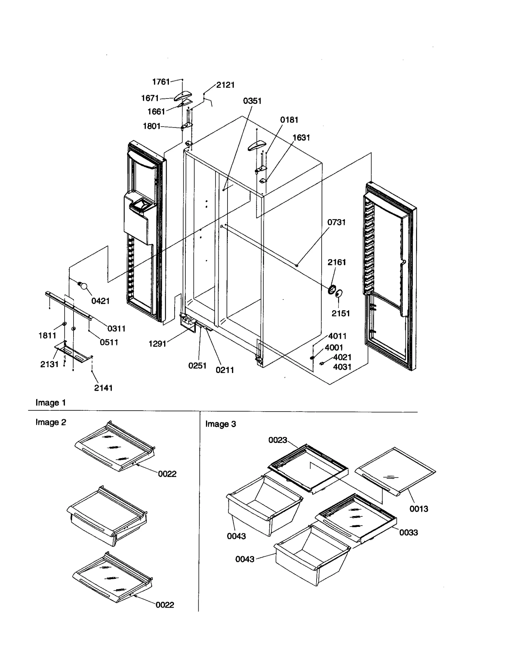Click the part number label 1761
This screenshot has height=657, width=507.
(161, 82)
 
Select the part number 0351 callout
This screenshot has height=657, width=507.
(252, 101)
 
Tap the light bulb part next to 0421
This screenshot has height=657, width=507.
(83, 286)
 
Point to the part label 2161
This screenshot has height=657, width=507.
(337, 262)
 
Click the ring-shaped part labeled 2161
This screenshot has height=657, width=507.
(332, 289)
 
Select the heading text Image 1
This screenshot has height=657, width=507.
(50, 403)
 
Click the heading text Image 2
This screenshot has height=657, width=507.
(51, 422)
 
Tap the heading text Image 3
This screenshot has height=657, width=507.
(221, 424)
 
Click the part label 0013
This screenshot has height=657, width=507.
(419, 509)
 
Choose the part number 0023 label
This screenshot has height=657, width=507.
(278, 440)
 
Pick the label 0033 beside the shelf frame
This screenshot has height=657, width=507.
(408, 533)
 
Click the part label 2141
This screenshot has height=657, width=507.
(103, 388)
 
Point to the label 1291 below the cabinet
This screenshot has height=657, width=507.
(157, 344)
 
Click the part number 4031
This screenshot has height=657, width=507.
(342, 367)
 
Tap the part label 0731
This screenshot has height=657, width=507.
(336, 222)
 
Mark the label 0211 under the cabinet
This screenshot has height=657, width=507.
(225, 370)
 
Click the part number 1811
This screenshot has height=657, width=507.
(47, 336)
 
